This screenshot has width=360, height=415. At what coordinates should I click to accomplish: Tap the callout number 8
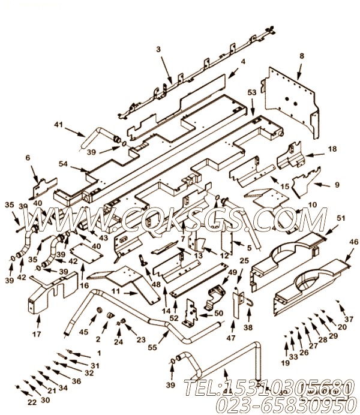click(302, 56)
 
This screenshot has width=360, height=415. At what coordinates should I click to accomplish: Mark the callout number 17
click(36, 333)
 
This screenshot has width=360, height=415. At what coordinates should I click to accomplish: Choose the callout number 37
click(349, 320)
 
